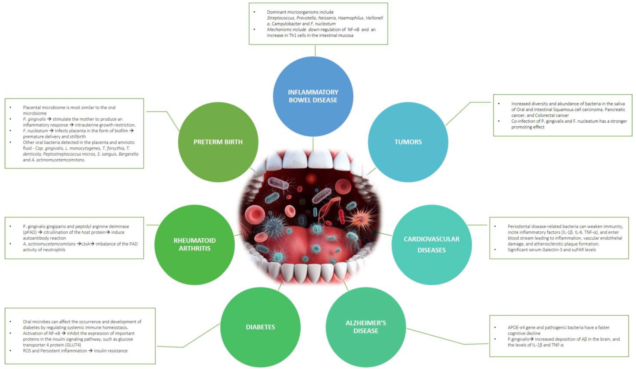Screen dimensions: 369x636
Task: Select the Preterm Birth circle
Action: coord(218,142)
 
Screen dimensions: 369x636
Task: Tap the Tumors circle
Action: coord(408,142)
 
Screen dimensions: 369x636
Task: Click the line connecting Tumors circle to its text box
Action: coord(464,108)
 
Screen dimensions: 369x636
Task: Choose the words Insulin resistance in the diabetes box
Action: coord(111,351)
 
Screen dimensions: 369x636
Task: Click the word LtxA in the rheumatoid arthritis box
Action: coord(86,244)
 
